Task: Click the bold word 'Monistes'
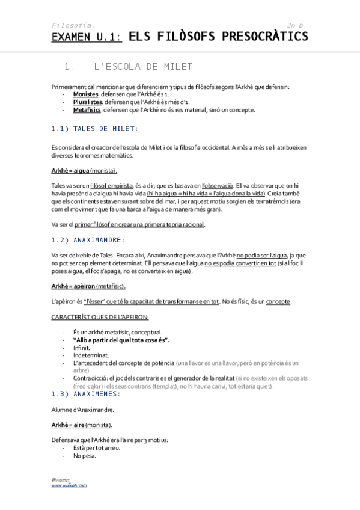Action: point(85,95)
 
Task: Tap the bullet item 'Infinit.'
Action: point(82,348)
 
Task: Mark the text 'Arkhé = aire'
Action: point(68,425)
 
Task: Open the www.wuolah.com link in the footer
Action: point(69,485)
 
